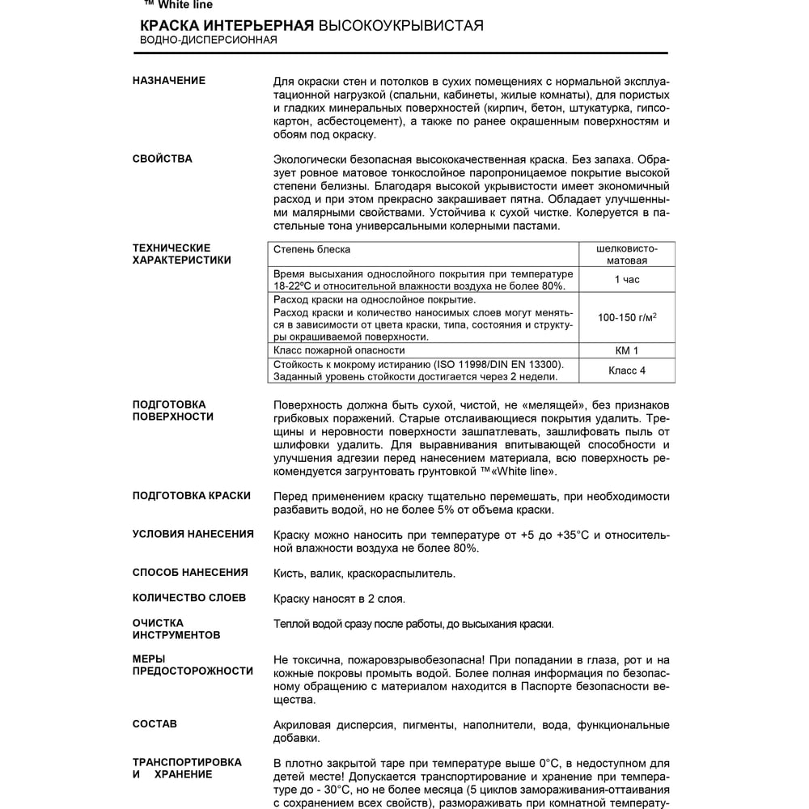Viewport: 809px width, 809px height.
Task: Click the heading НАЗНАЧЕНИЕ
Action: (168, 81)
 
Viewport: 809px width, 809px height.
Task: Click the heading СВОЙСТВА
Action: (162, 159)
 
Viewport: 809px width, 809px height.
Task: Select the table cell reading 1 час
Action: (626, 280)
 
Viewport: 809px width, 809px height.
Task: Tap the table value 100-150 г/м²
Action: (626, 318)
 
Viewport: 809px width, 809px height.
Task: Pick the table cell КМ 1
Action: (626, 350)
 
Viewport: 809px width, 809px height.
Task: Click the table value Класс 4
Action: (626, 371)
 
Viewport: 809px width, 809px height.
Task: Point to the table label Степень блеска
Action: (311, 250)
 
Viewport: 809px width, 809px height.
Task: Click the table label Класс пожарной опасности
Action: (339, 350)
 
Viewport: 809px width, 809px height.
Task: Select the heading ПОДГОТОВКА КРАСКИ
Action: (191, 496)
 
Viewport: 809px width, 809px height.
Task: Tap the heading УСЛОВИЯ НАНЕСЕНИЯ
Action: (193, 534)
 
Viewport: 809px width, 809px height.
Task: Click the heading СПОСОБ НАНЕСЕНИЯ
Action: (190, 573)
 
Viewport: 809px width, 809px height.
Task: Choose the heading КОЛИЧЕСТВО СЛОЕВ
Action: (188, 598)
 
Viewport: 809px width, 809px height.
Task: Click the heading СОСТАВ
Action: (155, 724)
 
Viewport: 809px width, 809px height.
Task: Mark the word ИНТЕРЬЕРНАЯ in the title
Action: (264, 26)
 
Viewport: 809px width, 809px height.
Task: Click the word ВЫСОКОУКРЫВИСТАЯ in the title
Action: (401, 26)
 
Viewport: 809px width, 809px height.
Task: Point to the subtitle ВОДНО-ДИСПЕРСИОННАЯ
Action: (209, 40)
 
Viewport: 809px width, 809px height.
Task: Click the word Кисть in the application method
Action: (288, 574)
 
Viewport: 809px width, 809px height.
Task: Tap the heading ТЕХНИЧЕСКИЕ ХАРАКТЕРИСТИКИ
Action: (181, 254)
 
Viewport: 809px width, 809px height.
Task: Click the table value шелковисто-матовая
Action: (626, 255)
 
